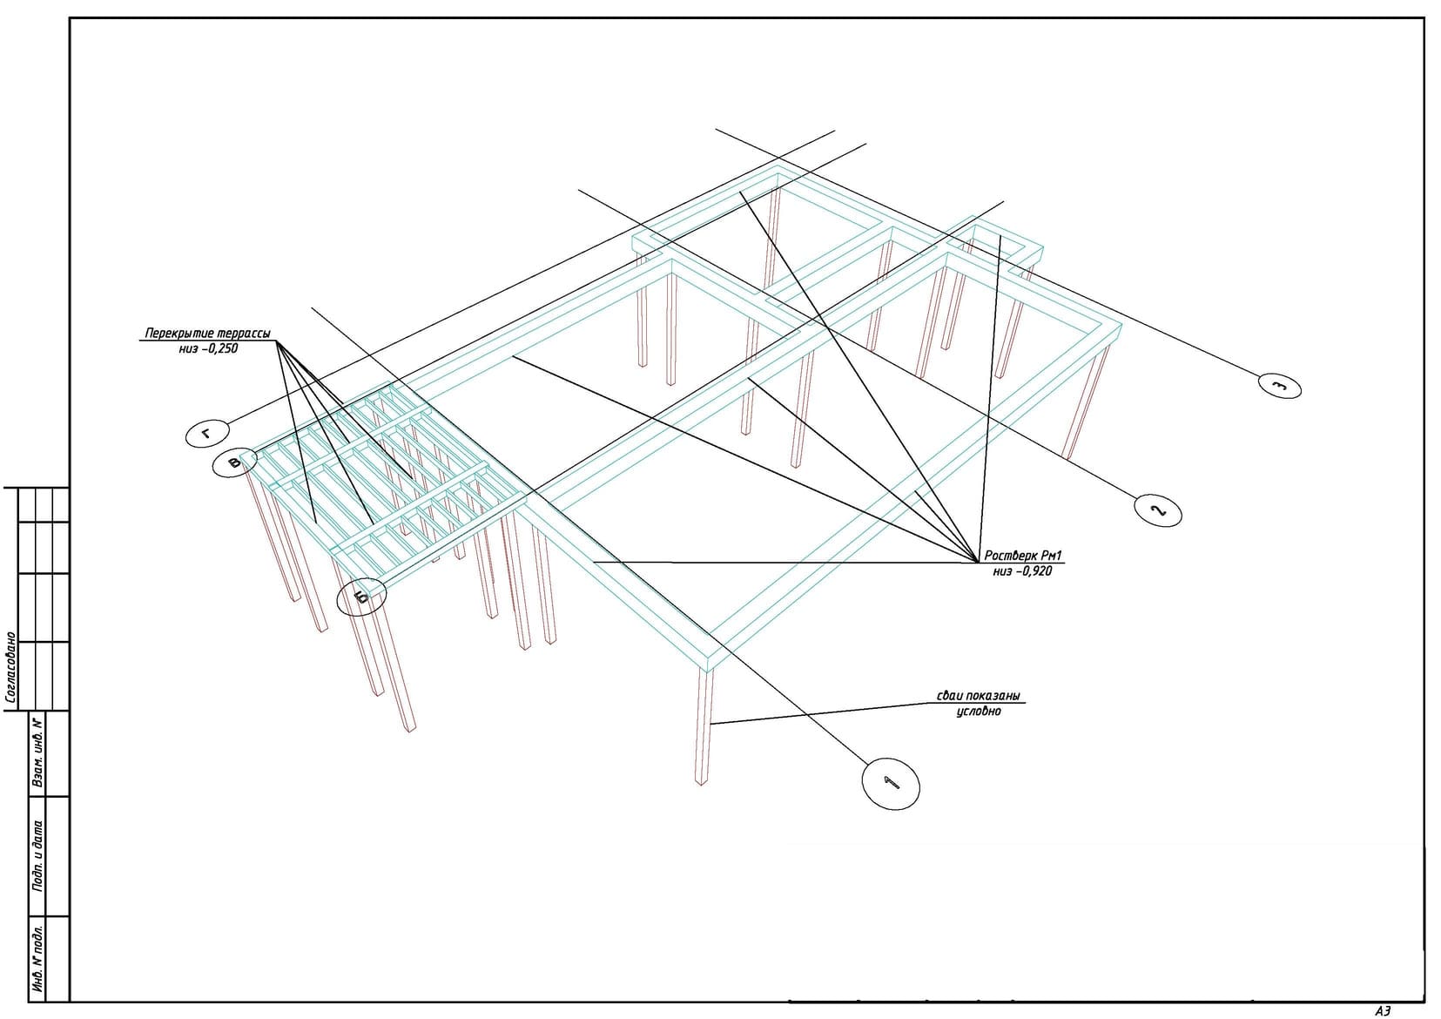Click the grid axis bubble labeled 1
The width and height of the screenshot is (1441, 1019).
tap(891, 783)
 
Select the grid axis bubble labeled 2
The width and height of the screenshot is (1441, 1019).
tap(1158, 510)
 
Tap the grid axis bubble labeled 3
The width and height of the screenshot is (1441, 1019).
tap(1280, 386)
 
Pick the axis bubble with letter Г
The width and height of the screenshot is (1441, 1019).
tap(207, 435)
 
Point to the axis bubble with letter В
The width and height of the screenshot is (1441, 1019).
tap(235, 462)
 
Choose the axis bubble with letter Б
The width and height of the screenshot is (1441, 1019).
tap(362, 597)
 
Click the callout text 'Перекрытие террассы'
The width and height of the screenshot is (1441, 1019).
tap(208, 334)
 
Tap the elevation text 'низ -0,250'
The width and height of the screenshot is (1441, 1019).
tap(208, 348)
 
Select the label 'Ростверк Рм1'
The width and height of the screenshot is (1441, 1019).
tap(1023, 556)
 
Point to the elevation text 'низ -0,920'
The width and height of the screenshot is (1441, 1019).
tap(1022, 571)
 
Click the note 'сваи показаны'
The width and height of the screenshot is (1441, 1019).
tap(978, 696)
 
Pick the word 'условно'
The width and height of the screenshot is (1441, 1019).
tap(979, 712)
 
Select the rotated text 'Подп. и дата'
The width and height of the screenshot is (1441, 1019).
tap(38, 855)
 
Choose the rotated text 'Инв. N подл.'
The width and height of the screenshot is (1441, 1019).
tap(38, 958)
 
